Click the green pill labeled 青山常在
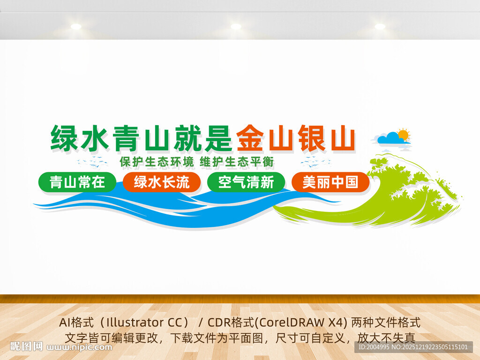pos(77,182)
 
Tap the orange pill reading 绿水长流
pos(162,182)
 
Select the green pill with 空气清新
pos(246,182)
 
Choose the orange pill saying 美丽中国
pos(330,182)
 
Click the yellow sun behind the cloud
pos(403,134)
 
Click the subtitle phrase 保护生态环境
pos(157,162)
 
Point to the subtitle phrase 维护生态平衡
pos(237,162)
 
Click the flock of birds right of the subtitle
pos(315,162)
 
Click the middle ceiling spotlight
pos(236,26)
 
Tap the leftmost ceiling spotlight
pos(76,26)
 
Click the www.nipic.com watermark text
pos(80,347)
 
